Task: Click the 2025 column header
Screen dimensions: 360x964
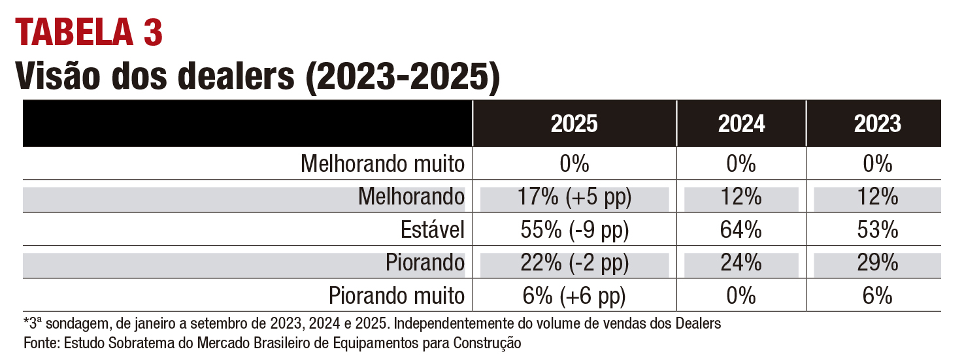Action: coord(574,124)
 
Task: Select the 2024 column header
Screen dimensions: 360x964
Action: coord(741,124)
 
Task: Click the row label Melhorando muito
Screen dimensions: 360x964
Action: coord(382,164)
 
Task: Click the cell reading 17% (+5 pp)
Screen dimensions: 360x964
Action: coord(574,197)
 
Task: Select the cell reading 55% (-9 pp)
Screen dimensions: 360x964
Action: coord(574,230)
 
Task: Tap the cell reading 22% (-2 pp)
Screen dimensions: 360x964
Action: coord(574,263)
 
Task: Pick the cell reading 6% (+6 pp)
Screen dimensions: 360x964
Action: coord(574,296)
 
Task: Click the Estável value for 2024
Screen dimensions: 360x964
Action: coord(741,230)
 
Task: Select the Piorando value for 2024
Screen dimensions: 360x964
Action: coord(741,263)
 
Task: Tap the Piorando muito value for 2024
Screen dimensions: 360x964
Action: coord(741,296)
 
